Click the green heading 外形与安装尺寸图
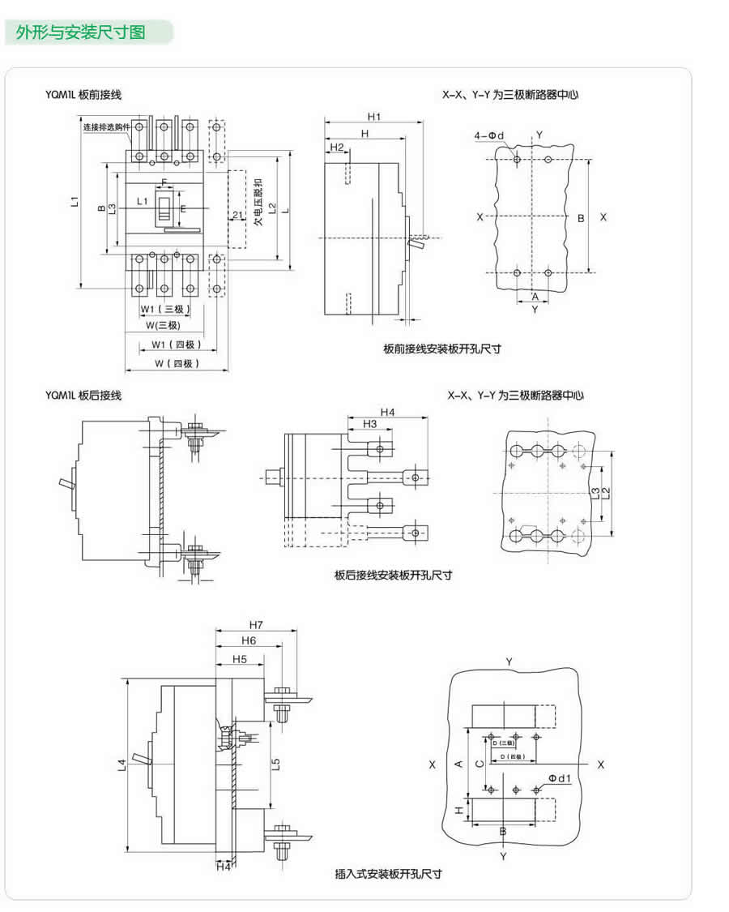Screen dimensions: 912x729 (81, 33)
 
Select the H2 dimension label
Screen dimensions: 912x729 (338, 148)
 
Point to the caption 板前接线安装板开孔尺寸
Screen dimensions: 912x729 (442, 349)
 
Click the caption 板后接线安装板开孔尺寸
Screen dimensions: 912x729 (394, 575)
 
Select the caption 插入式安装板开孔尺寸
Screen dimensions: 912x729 (388, 874)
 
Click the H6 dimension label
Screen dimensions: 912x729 (248, 641)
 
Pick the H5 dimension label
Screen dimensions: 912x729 (239, 659)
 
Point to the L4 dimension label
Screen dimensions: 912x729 (121, 764)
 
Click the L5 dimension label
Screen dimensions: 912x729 (275, 764)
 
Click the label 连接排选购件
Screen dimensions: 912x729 (105, 127)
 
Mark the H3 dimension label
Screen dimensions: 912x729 (369, 424)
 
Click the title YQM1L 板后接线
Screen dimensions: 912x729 (83, 396)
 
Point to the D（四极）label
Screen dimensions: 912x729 (512, 756)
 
